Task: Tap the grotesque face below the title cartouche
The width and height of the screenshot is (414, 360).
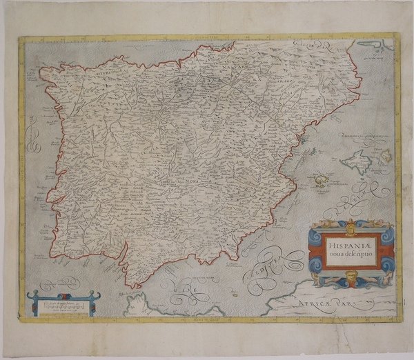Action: click(352, 280)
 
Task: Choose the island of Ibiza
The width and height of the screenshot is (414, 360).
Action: click(322, 181)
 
